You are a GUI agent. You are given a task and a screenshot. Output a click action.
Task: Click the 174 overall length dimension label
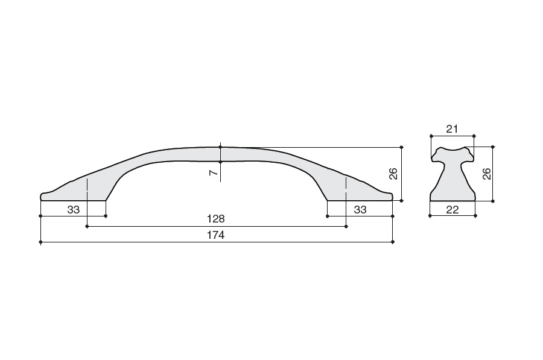216,235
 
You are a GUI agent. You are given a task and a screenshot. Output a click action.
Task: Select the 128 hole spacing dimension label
216,219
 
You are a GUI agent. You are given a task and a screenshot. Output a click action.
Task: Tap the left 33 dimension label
74,209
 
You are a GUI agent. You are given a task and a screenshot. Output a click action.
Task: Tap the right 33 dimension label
360,209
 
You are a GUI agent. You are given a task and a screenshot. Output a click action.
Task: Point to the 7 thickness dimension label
214,172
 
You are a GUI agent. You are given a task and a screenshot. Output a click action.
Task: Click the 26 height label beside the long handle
393,174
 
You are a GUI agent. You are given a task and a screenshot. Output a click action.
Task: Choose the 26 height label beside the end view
486,174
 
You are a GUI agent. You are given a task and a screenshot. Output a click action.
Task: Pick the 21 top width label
452,129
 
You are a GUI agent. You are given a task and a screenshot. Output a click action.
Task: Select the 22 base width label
453,209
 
